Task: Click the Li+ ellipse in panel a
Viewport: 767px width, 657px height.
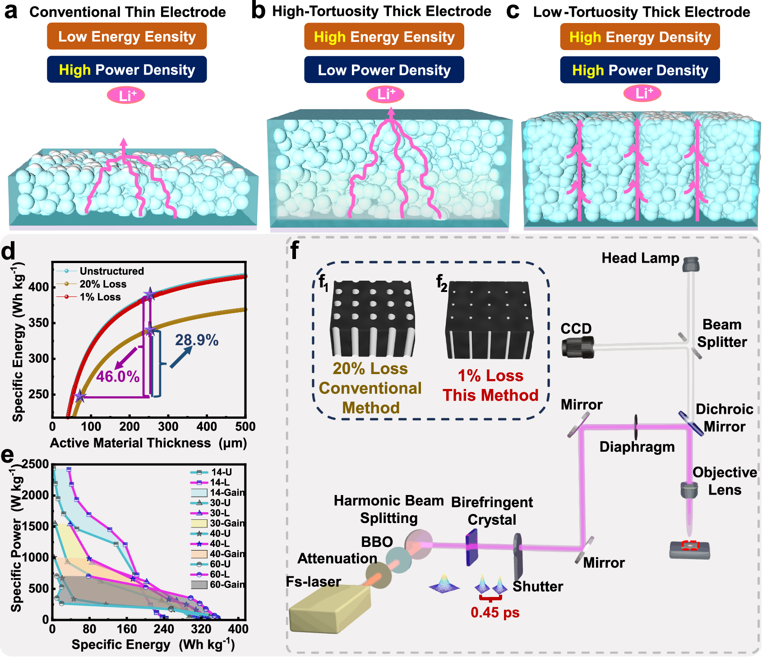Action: pos(126,95)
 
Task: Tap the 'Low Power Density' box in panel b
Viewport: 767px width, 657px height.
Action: pos(384,70)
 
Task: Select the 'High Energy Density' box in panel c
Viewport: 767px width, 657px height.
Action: pos(640,37)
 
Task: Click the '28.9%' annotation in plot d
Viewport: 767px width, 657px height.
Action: pos(197,340)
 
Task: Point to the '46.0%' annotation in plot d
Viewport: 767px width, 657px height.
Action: pos(118,377)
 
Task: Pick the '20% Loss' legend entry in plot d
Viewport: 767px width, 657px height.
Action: pos(103,284)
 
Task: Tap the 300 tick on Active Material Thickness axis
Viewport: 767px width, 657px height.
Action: pos(168,427)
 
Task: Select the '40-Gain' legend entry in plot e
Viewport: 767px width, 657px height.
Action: pos(227,554)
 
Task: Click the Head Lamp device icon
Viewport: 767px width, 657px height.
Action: pos(691,264)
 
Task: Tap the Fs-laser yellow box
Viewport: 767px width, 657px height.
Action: pos(329,608)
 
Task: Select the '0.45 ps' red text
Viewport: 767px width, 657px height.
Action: pos(495,613)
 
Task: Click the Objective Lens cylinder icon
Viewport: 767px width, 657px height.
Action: pos(689,490)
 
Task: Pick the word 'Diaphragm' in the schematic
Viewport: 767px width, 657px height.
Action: pos(637,447)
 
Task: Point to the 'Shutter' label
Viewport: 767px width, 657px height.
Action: pos(538,587)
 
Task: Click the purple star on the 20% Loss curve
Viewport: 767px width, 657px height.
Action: pos(150,331)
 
